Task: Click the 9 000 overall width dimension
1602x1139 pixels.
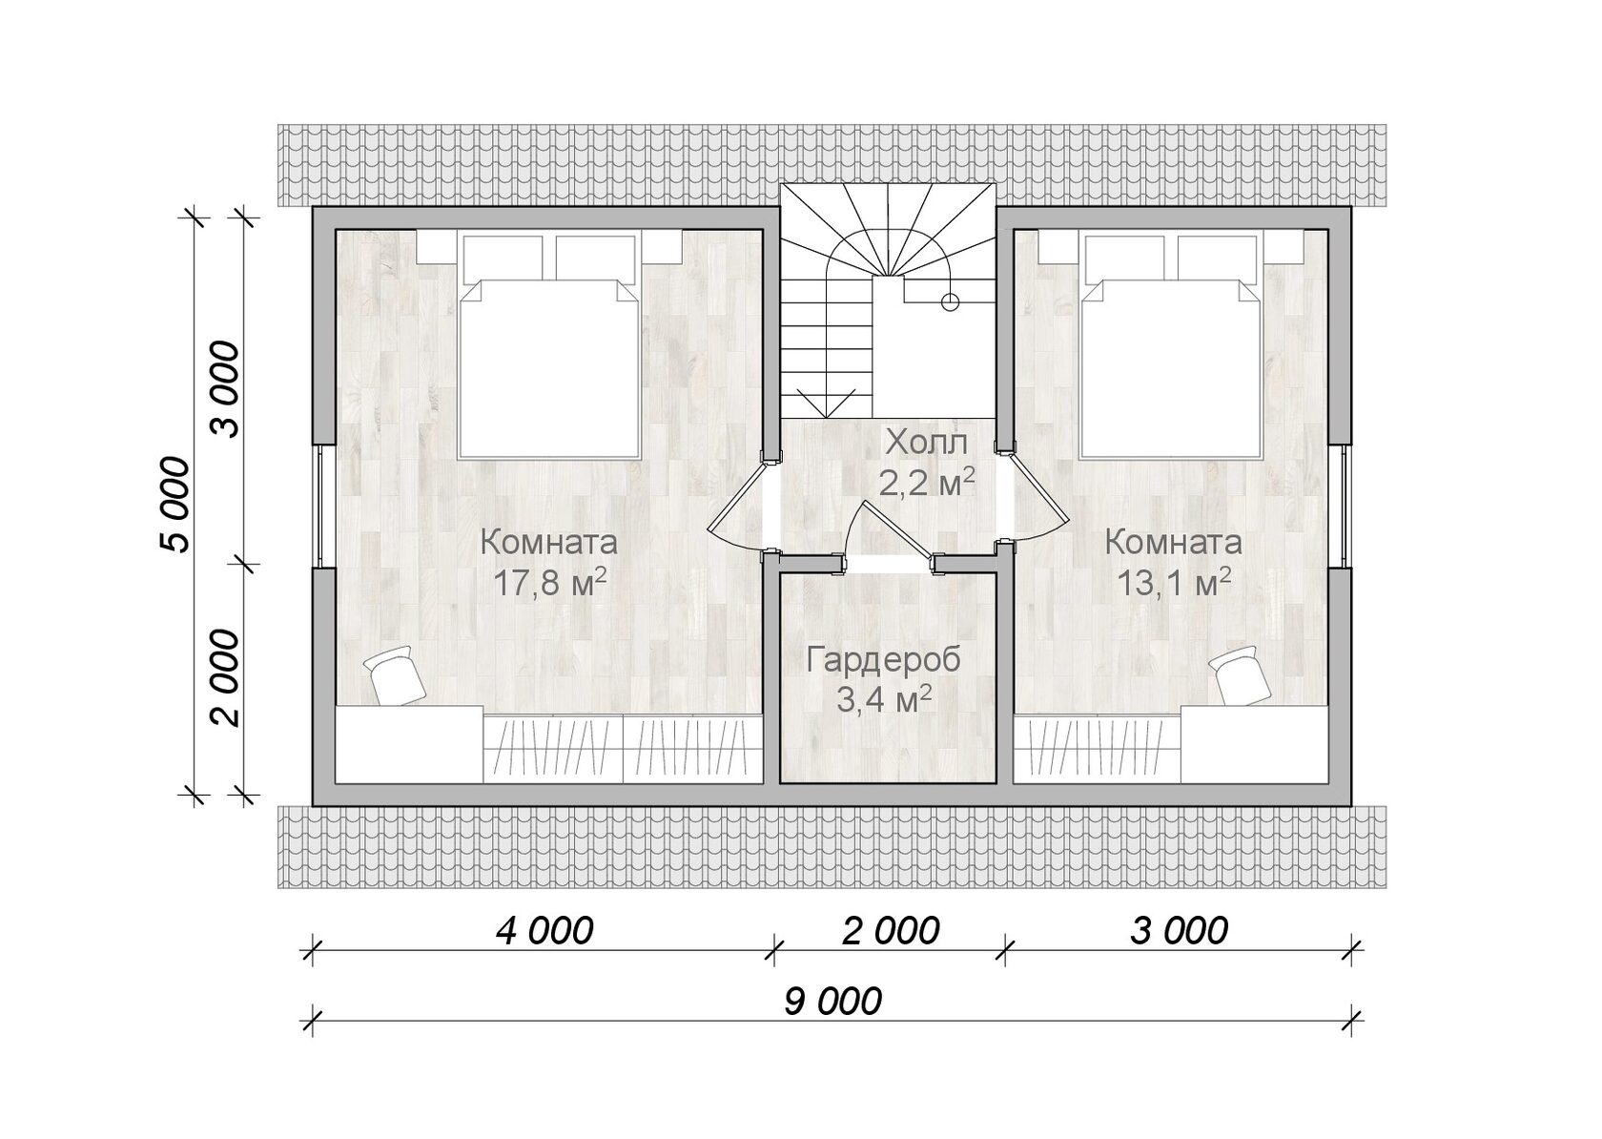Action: (832, 1002)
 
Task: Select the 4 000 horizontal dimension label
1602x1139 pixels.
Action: (545, 931)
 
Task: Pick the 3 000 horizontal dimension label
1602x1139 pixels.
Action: (1181, 931)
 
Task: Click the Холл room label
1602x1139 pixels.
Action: (926, 443)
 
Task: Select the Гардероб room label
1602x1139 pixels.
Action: (884, 660)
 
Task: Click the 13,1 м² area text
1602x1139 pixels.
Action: (1174, 583)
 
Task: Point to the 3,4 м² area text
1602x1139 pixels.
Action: (885, 700)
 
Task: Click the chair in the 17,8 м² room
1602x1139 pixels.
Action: (394, 673)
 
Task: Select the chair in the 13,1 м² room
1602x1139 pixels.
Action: (1240, 674)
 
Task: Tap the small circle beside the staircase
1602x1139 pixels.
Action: (950, 302)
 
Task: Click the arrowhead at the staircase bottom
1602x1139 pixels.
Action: (828, 404)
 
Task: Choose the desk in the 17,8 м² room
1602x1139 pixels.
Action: (409, 744)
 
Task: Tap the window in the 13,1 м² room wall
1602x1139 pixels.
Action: (1345, 507)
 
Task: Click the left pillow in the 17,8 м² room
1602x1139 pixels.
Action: (502, 259)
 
